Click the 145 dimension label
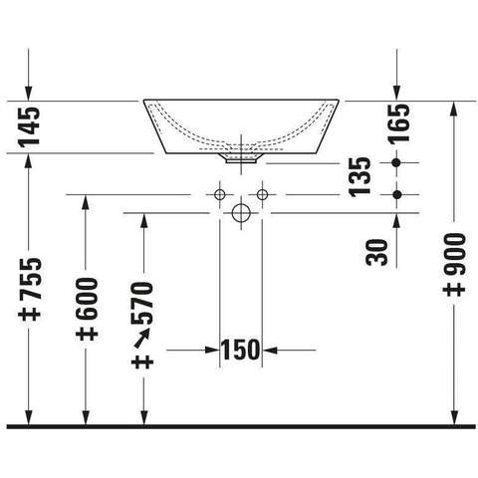29,126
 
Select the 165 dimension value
399,123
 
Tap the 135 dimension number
359,177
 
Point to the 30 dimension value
376,252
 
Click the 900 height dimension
454,255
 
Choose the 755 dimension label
30,278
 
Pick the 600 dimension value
87,299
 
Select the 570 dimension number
142,303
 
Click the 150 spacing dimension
241,350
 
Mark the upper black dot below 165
396,162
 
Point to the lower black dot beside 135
396,194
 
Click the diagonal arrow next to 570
142,338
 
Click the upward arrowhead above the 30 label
396,221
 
